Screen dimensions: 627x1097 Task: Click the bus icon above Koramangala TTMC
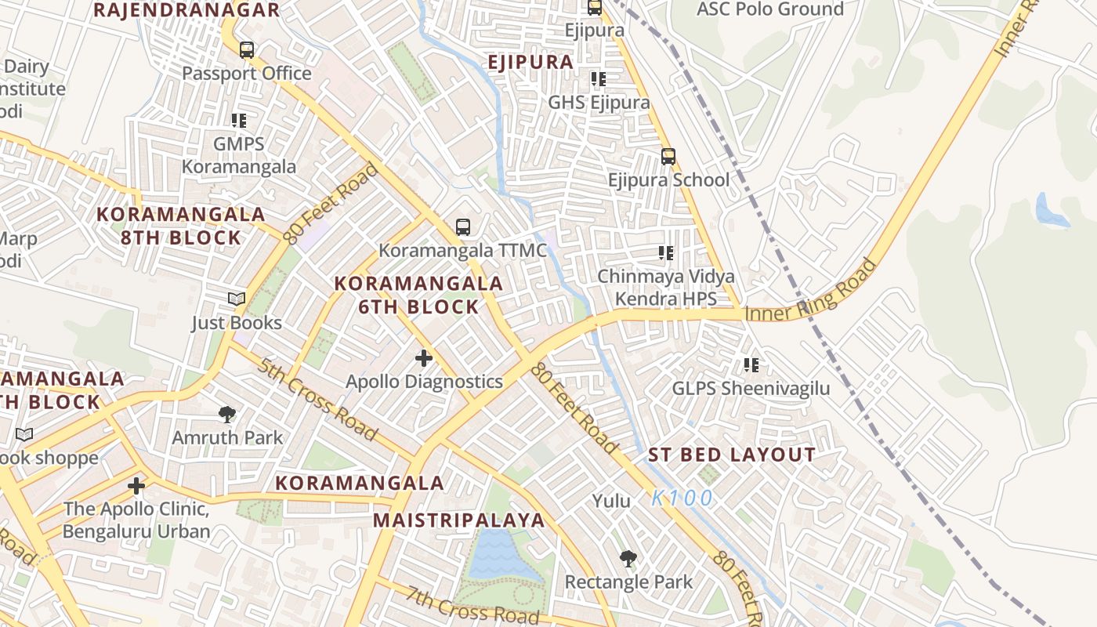(x=463, y=227)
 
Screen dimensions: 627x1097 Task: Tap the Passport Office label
(x=247, y=74)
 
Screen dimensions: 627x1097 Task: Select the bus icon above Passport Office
(x=247, y=50)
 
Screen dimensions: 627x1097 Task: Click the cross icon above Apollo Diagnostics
(x=424, y=358)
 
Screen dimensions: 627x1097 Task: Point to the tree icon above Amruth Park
(x=227, y=414)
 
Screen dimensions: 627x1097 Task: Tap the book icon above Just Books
(x=236, y=299)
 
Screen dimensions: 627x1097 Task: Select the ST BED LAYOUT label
(x=732, y=455)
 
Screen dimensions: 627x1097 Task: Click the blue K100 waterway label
(x=682, y=498)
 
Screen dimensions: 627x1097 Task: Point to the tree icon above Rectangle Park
(x=628, y=559)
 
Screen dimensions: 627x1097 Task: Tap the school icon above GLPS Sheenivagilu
(x=751, y=364)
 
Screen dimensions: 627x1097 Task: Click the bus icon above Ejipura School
(x=668, y=156)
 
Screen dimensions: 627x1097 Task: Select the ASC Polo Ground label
(x=769, y=9)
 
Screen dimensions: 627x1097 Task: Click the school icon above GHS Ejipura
(x=599, y=79)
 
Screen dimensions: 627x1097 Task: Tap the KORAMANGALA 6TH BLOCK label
(x=418, y=295)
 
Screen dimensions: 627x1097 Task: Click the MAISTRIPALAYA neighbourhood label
(x=458, y=520)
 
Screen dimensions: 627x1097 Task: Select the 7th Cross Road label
(x=472, y=604)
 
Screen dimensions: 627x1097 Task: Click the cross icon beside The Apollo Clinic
(x=136, y=486)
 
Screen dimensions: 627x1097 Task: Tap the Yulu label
(x=611, y=501)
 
